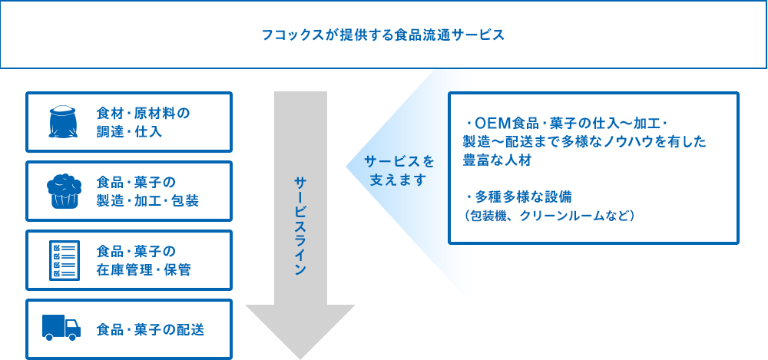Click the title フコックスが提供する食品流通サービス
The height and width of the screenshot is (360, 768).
[383, 35]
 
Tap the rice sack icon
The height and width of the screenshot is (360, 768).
[64, 122]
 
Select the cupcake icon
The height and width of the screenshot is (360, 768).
[64, 191]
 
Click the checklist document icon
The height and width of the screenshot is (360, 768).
[65, 260]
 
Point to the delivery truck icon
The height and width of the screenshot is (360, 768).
[61, 328]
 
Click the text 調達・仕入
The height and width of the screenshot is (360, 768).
[129, 132]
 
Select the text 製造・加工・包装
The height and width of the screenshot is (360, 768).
[147, 201]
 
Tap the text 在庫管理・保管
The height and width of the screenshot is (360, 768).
[144, 270]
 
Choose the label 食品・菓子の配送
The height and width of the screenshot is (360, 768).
[151, 329]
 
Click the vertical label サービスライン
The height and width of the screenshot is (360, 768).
[300, 226]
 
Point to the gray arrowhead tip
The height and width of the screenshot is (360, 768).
[300, 358]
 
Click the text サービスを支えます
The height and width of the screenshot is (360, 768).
[399, 170]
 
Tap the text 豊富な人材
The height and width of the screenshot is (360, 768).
[497, 160]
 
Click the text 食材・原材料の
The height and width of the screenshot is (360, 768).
[143, 114]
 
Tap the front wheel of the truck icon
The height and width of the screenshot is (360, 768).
[72, 337]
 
